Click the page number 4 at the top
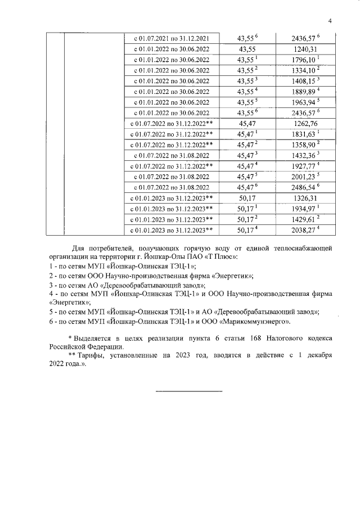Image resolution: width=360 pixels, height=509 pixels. pos(330,21)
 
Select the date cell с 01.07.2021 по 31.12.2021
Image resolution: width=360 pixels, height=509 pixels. pos(171,38)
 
